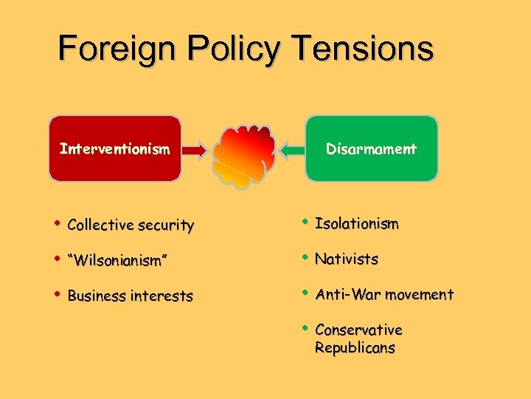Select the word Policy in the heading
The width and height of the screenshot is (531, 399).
(x=235, y=50)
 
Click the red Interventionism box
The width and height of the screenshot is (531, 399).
(x=115, y=149)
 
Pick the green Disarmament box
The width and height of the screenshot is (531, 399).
(x=371, y=149)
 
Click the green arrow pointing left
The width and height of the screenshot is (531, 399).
(x=293, y=150)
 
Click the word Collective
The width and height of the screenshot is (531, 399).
(x=99, y=225)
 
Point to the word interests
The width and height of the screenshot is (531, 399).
(x=161, y=296)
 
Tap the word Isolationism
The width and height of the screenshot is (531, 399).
(x=356, y=223)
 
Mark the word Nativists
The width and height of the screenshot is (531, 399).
(x=346, y=259)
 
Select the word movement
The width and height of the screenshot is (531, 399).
(x=417, y=294)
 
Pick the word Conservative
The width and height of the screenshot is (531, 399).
(x=358, y=330)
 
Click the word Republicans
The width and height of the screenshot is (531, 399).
(x=354, y=347)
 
